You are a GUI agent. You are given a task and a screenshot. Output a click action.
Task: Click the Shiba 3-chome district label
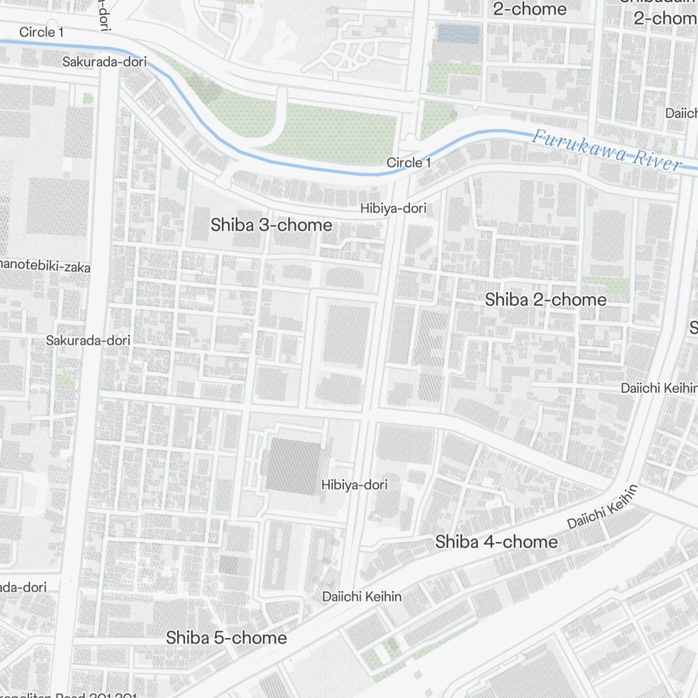pyautogui.click(x=272, y=225)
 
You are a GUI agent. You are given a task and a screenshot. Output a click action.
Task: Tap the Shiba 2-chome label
pyautogui.click(x=545, y=300)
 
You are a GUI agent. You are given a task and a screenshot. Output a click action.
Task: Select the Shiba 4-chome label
pyautogui.click(x=496, y=542)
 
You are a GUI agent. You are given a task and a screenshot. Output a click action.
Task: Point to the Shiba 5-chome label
pyautogui.click(x=226, y=638)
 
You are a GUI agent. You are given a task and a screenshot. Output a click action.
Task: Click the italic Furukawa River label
pyautogui.click(x=605, y=149)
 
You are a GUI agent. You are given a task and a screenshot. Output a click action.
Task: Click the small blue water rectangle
pyautogui.click(x=458, y=34)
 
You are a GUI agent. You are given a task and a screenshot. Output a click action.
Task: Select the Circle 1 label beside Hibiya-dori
pyautogui.click(x=409, y=163)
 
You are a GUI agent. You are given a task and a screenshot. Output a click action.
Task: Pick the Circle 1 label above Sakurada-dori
pyautogui.click(x=42, y=32)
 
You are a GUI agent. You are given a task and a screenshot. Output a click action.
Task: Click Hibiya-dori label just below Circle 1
pyautogui.click(x=393, y=208)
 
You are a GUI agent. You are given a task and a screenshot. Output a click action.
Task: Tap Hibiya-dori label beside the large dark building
pyautogui.click(x=354, y=484)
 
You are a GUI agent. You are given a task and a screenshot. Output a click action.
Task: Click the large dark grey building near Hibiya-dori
pyautogui.click(x=293, y=465)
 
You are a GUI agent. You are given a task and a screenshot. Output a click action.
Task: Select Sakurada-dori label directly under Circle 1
pyautogui.click(x=105, y=61)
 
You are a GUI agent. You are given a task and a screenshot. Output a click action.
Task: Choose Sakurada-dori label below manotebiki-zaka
pyautogui.click(x=88, y=340)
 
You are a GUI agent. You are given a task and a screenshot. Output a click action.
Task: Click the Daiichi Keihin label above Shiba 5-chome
pyautogui.click(x=362, y=596)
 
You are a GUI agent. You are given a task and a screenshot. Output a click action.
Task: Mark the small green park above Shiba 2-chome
pyautogui.click(x=606, y=285)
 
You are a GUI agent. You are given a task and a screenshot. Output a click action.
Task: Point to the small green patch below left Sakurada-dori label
pyautogui.click(x=65, y=381)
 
